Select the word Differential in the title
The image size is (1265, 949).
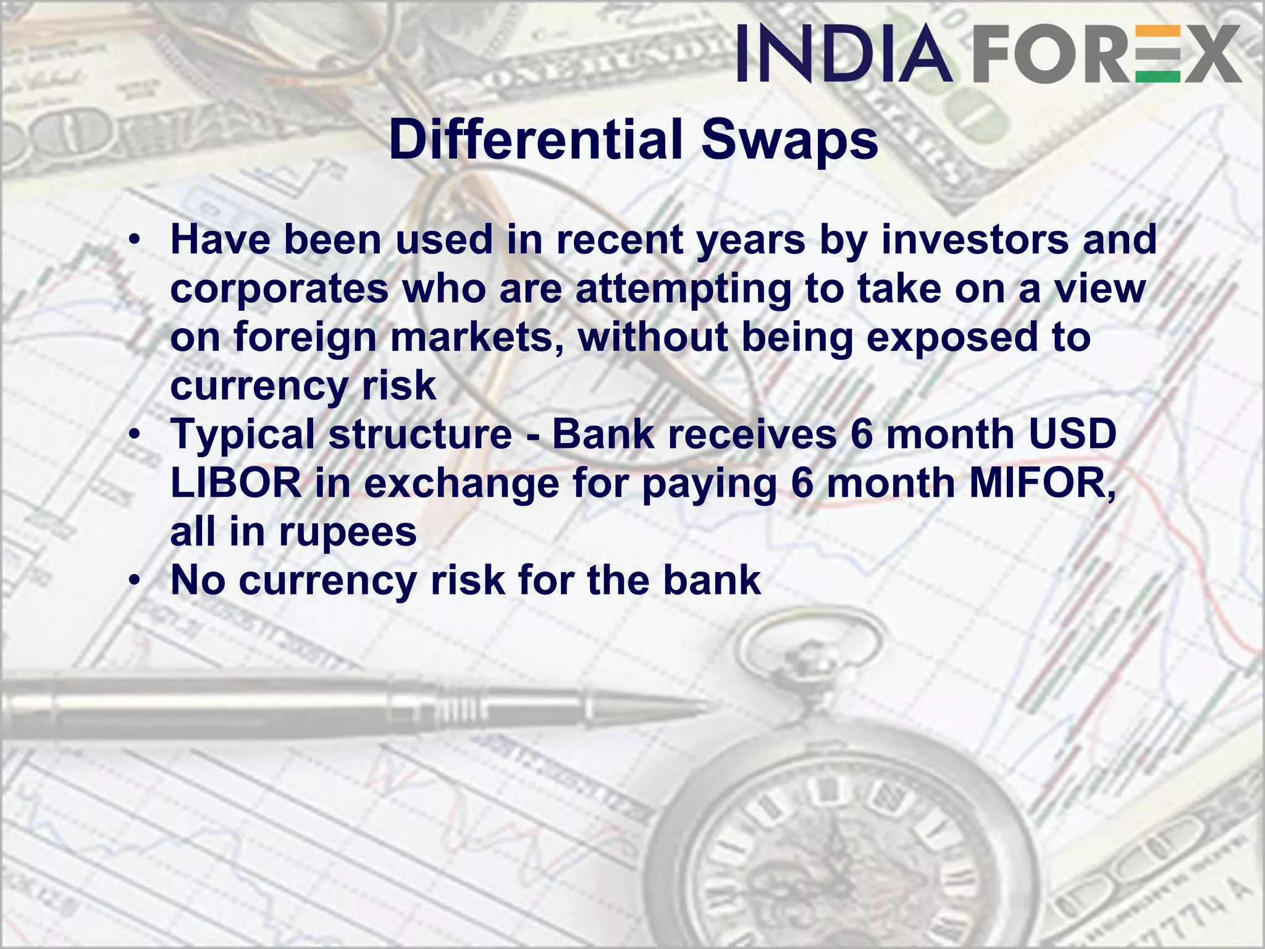click(x=536, y=140)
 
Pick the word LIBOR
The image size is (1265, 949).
click(x=236, y=483)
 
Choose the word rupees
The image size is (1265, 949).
click(x=348, y=533)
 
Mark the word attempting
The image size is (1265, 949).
click(x=683, y=289)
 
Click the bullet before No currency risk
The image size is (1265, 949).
click(x=135, y=581)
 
